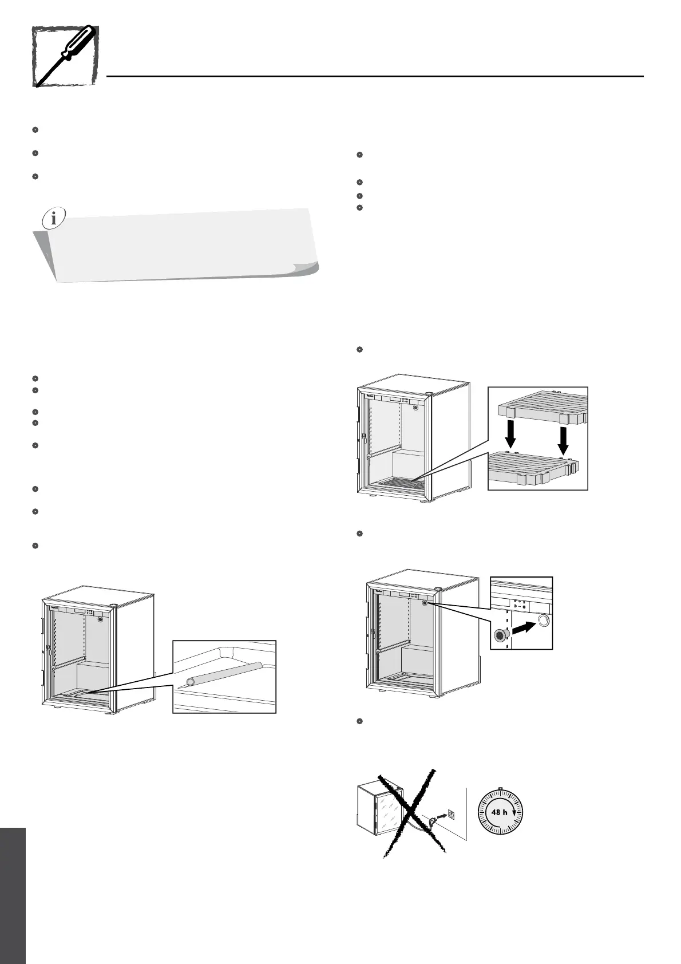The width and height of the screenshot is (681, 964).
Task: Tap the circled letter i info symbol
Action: pos(54,218)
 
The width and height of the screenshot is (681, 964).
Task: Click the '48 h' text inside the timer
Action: pos(500,812)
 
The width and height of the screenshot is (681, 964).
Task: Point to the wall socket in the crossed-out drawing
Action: pos(452,813)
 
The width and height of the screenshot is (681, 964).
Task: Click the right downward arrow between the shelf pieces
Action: pos(564,436)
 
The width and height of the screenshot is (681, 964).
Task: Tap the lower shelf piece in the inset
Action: pos(532,467)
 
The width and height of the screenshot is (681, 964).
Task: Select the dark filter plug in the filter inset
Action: pos(501,635)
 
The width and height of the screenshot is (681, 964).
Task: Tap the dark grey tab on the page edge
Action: pos(13,893)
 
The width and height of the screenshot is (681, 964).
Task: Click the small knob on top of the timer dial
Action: pos(500,789)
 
